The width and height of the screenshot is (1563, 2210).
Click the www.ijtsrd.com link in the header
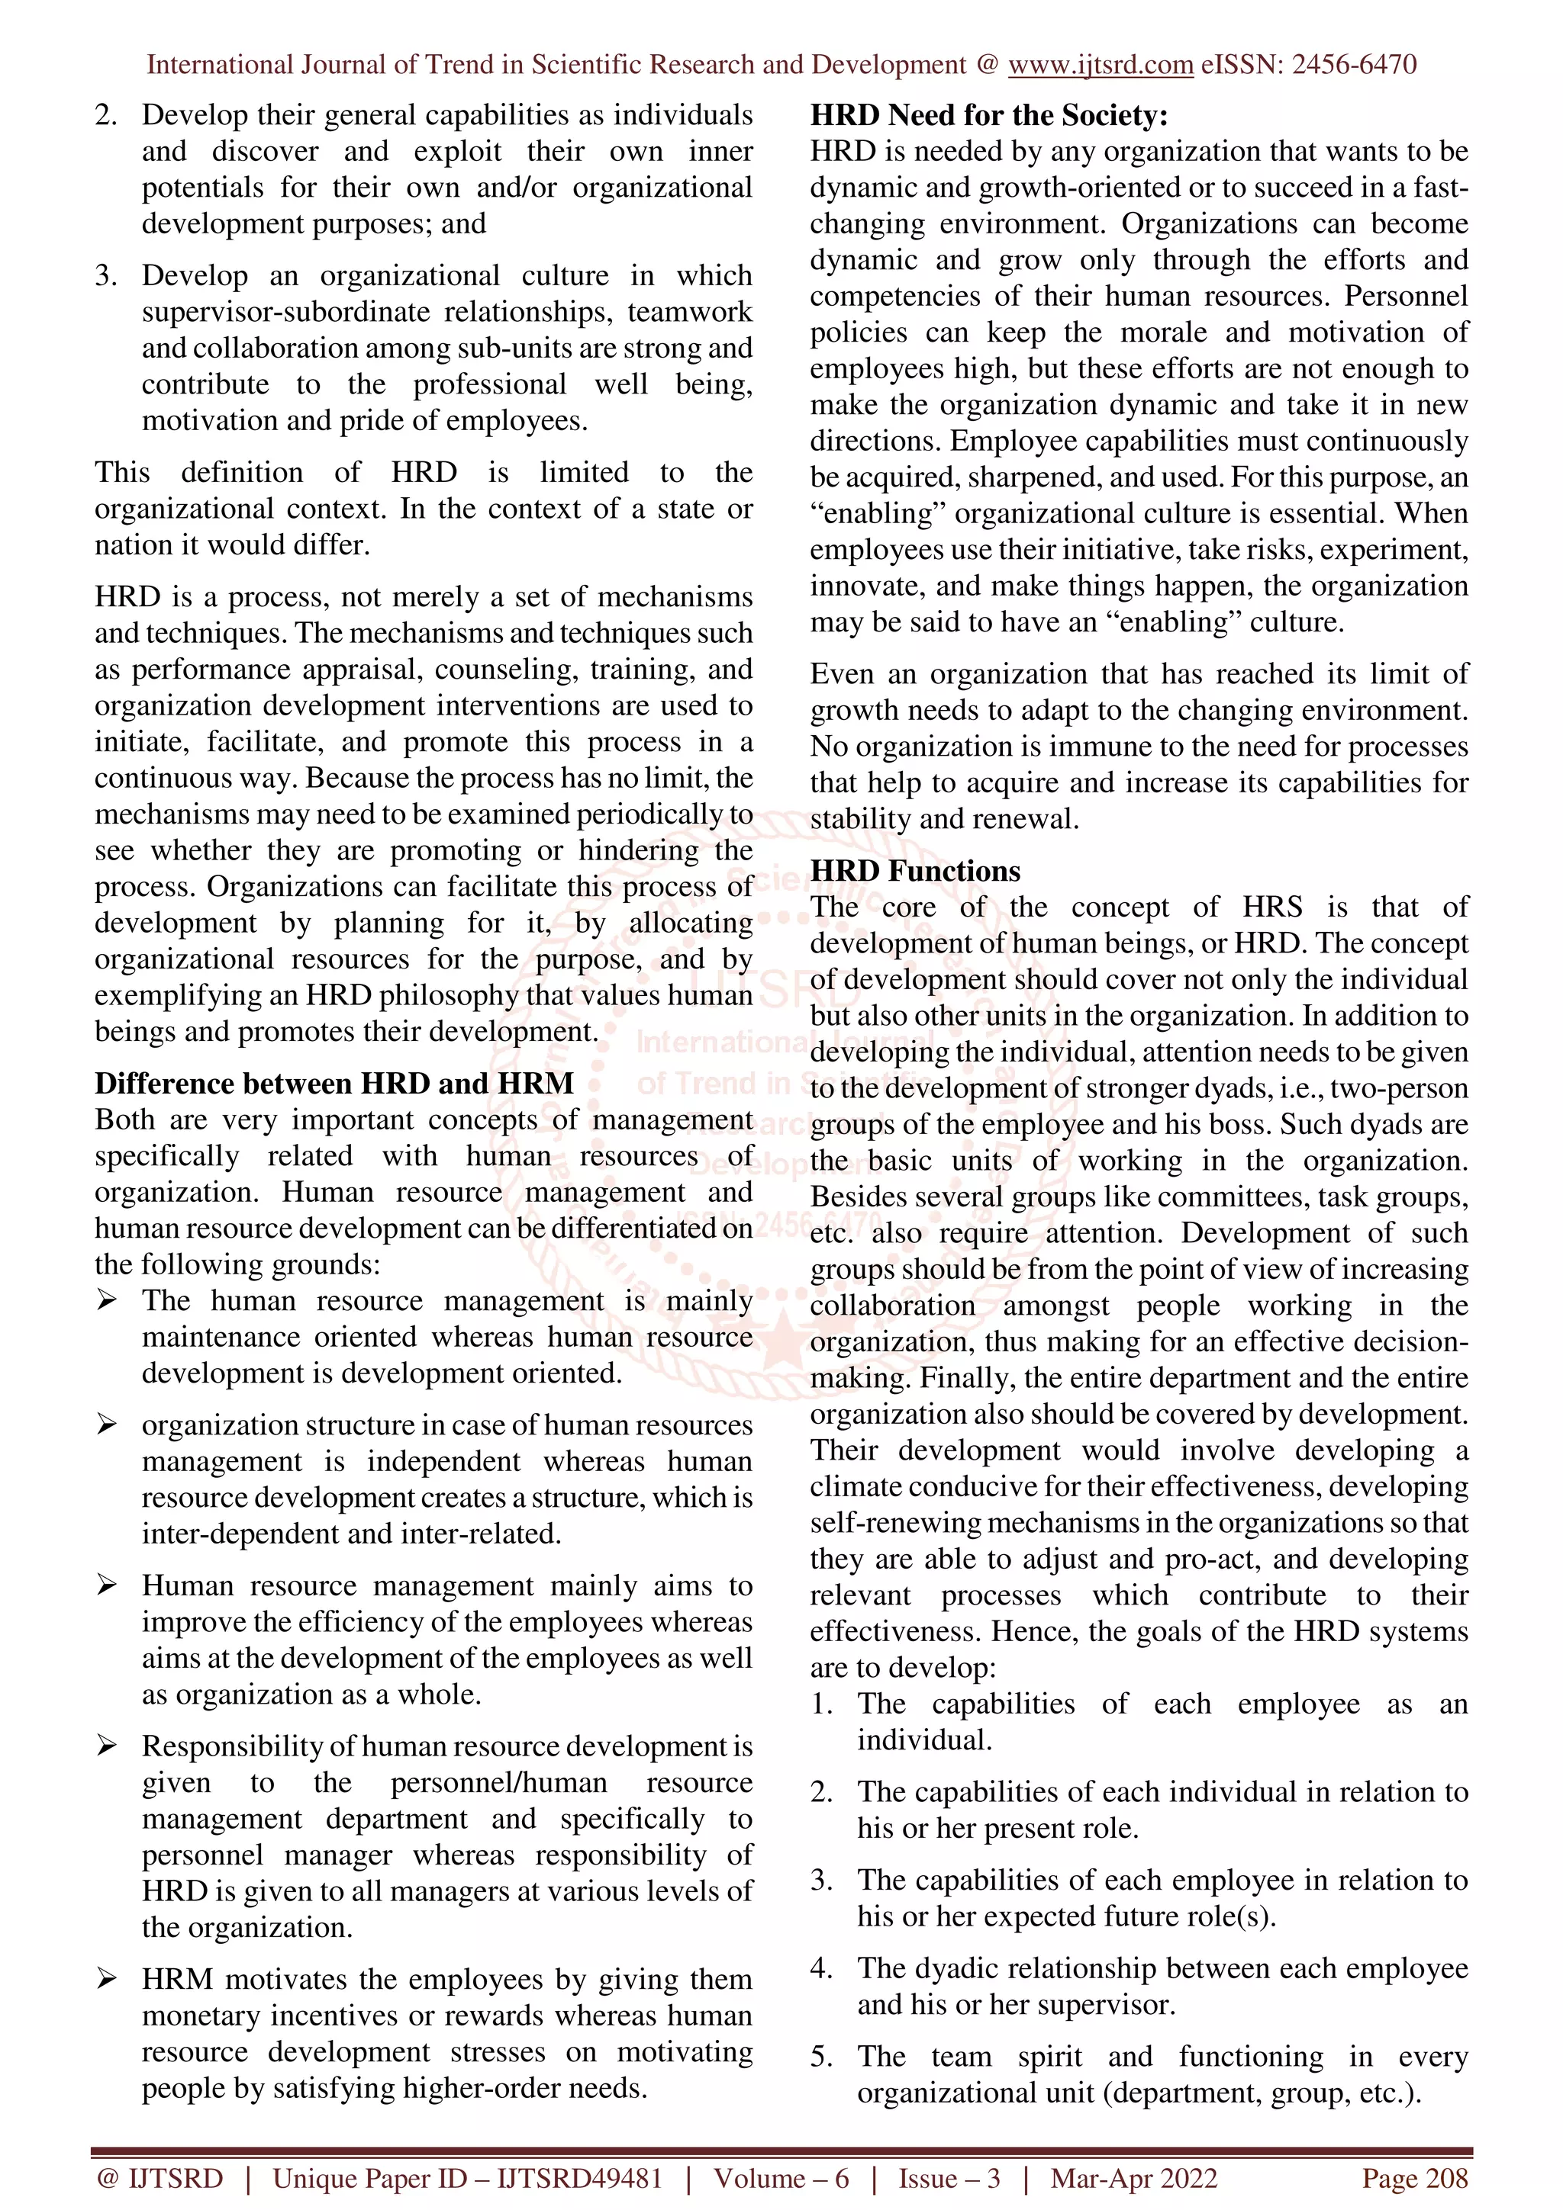tap(1100, 65)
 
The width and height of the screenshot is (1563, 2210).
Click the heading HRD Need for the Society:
tap(988, 115)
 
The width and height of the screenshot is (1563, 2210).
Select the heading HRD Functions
tap(914, 870)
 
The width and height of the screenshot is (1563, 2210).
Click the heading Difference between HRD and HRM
tap(334, 1083)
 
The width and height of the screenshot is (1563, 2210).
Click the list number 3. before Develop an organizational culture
tap(106, 276)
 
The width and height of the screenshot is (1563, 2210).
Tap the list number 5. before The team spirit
tap(820, 2057)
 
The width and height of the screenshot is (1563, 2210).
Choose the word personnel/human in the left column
tap(498, 1783)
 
